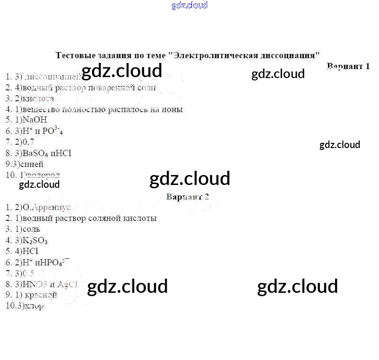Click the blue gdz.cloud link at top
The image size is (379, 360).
point(189,6)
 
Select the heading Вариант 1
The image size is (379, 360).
point(348,66)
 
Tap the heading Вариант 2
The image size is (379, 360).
point(188,197)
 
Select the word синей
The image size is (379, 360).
point(33,164)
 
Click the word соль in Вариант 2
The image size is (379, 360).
point(31,229)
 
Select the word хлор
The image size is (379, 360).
point(34,306)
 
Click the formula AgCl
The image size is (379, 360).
point(68,284)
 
